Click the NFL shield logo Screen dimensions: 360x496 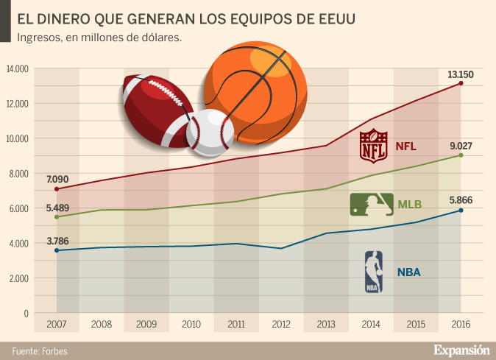[373, 146]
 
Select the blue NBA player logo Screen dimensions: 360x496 [374, 272]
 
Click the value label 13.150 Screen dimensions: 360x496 [461, 74]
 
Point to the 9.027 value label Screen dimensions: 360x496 [461, 146]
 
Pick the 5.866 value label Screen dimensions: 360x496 [461, 200]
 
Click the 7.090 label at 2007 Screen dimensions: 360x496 [57, 179]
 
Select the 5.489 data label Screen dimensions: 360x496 [57, 208]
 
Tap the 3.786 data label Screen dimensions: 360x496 [57, 240]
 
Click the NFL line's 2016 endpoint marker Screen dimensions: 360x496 [461, 83]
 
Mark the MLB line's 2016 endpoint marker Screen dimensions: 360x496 [461, 155]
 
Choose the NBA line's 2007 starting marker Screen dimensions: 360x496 [57, 250]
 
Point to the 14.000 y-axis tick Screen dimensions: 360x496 [16, 69]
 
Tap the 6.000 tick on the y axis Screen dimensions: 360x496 [18, 208]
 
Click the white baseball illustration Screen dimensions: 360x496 [210, 133]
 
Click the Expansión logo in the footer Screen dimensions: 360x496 [461, 349]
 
